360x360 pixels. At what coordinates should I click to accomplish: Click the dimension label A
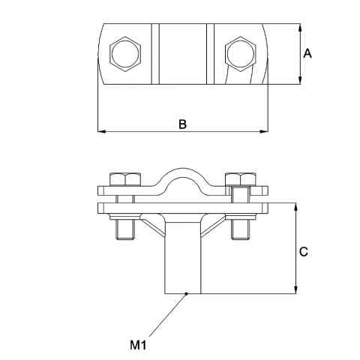[x=307, y=53]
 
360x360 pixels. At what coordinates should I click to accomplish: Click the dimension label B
[x=182, y=124]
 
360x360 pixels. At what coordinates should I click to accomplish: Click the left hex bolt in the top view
[x=124, y=53]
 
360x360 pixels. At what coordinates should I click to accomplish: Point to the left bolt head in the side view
[x=123, y=180]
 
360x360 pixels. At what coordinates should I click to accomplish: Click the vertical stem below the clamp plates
[x=182, y=259]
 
